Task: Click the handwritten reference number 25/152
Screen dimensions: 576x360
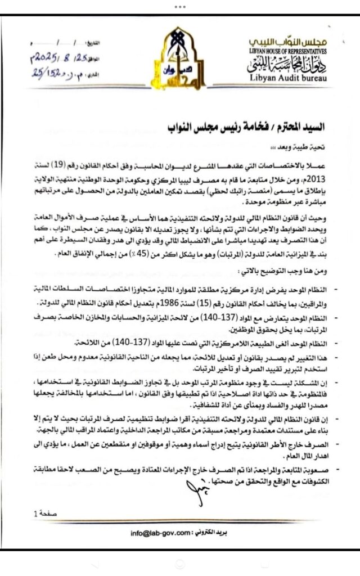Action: point(50,72)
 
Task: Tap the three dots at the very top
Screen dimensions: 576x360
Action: point(180,6)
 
